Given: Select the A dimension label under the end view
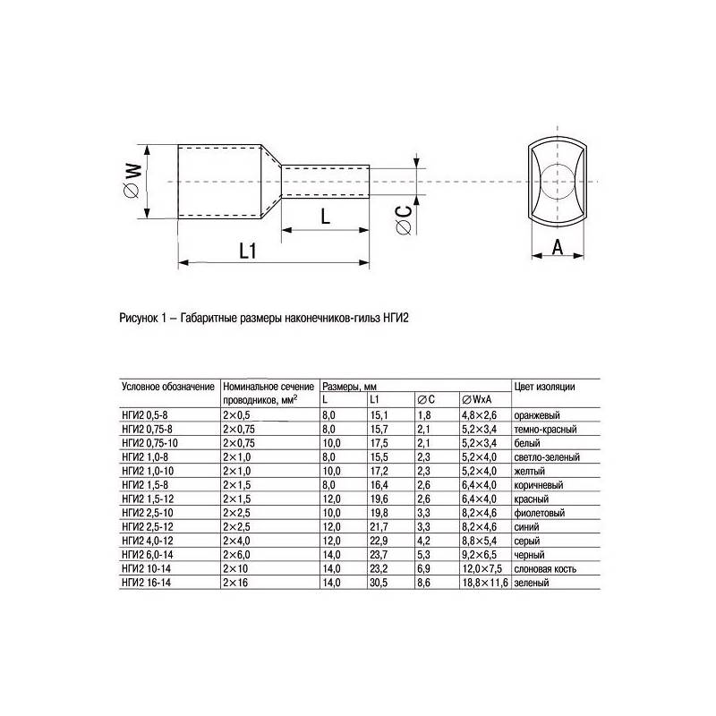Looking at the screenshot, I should pyautogui.click(x=556, y=248).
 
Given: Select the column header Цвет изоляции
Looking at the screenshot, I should pyautogui.click(x=545, y=386).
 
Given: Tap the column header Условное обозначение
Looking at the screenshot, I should pyautogui.click(x=167, y=386).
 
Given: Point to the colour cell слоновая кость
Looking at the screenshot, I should pyautogui.click(x=544, y=569).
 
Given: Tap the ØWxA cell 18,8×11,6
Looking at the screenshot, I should pyautogui.click(x=484, y=583).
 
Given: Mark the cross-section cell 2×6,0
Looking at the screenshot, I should pyautogui.click(x=236, y=555).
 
